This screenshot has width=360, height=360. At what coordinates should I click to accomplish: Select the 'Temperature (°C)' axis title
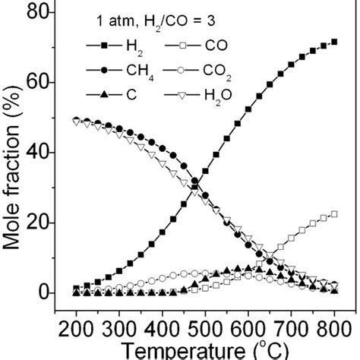[x=205, y=351]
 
